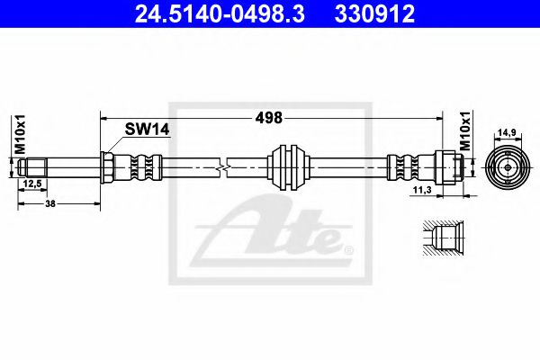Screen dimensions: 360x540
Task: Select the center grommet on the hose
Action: [x=289, y=166]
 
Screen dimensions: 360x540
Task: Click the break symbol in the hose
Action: [x=223, y=166]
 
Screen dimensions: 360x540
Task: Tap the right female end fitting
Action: [x=452, y=166]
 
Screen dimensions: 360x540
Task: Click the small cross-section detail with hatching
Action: [x=442, y=239]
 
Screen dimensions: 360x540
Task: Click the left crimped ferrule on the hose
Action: [x=139, y=166]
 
